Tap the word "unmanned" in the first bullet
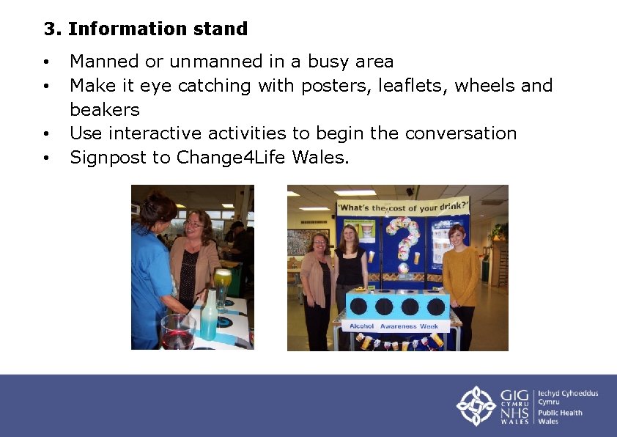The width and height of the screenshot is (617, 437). (211, 62)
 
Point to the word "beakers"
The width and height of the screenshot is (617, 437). (104, 110)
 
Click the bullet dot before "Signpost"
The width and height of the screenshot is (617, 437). (46, 158)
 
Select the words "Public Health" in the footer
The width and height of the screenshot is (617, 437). (560, 412)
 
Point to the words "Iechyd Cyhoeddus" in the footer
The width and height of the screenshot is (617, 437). (568, 394)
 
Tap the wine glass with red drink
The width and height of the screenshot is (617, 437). (177, 331)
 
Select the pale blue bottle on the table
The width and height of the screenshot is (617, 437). (209, 315)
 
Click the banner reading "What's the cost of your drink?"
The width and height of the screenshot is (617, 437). (402, 207)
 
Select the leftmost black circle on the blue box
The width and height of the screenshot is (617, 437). (361, 306)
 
